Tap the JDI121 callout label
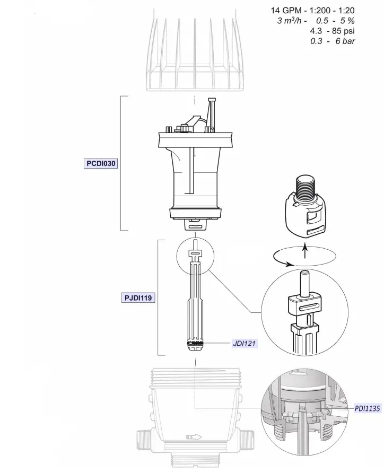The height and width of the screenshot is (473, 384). pos(245,343)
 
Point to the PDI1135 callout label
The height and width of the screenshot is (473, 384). pos(366,408)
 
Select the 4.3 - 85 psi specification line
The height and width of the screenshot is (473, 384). pos(333,31)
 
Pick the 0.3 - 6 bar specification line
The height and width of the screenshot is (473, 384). pos(333,41)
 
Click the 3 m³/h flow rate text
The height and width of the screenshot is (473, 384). pos(290,21)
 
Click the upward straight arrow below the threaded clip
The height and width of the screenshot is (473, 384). pos(305,251)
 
